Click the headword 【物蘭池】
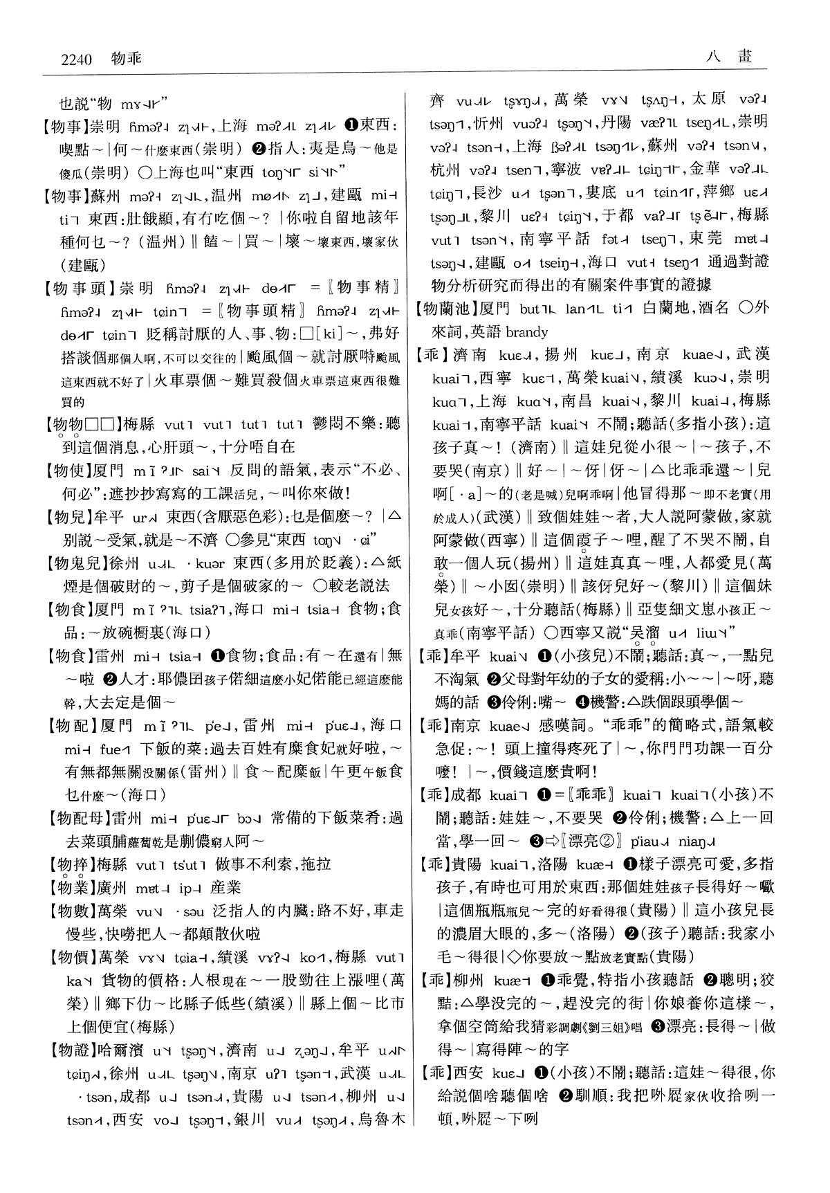tap(450, 309)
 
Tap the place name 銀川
tap(250, 1120)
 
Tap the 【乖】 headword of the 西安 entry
tap(433, 1073)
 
